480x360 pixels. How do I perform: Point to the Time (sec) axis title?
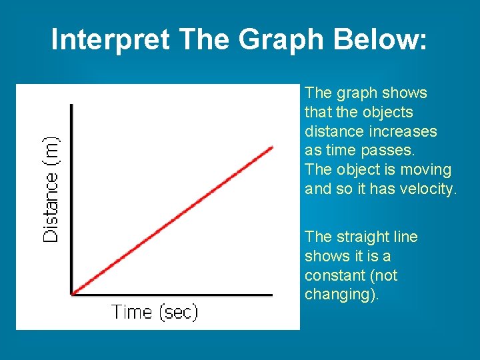pos(155,312)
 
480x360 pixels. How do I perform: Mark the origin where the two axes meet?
pos(71,294)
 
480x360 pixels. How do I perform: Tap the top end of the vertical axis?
pos(71,105)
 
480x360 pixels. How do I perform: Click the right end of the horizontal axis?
pos(272,294)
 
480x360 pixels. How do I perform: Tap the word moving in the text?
pos(428,170)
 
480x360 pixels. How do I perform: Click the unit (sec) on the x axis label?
pos(177,312)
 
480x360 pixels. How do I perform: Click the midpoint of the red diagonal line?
pos(172,220)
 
